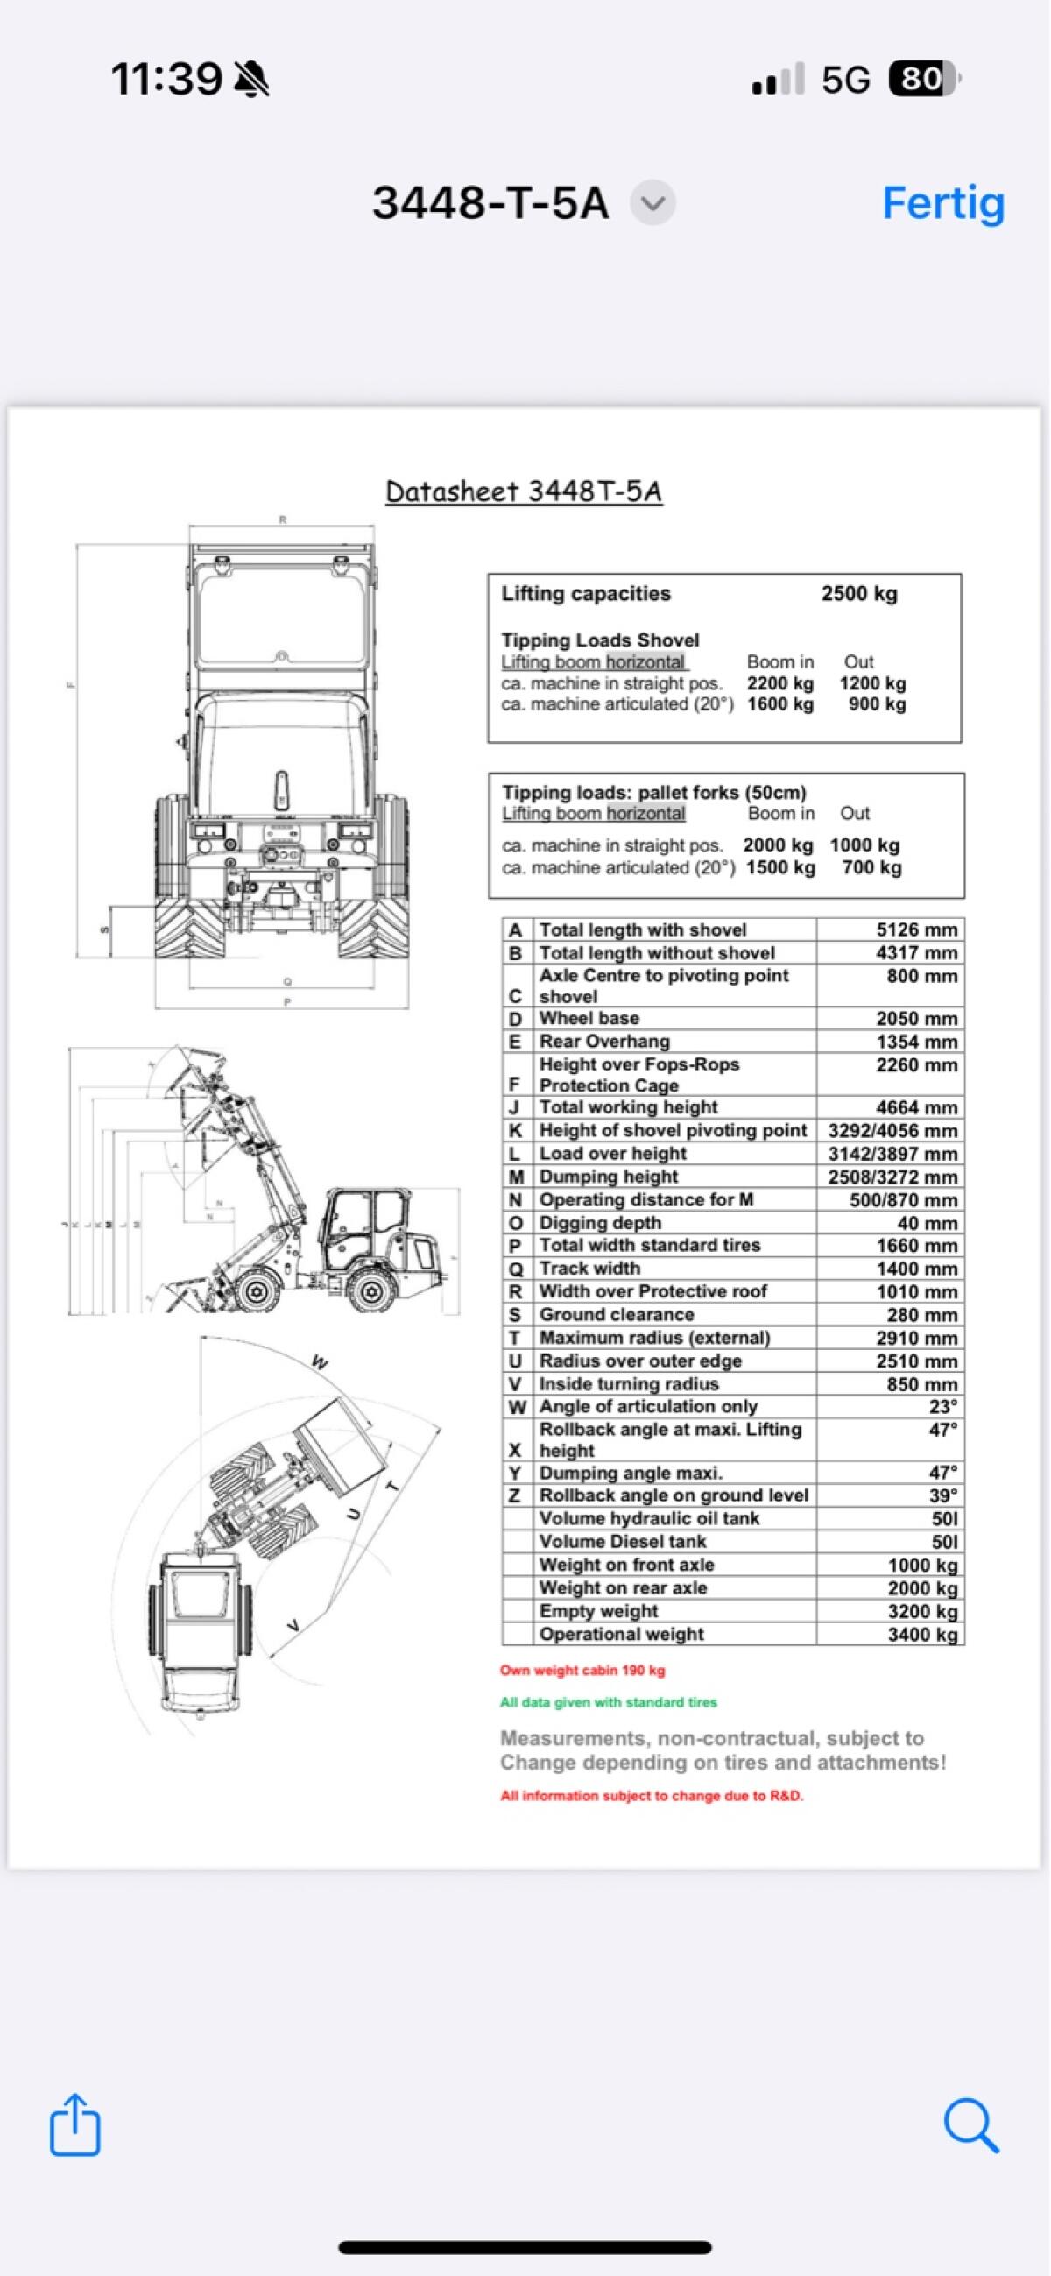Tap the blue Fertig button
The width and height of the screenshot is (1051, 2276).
942,203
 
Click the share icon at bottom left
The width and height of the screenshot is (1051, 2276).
75,2124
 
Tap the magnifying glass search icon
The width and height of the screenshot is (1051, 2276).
970,2125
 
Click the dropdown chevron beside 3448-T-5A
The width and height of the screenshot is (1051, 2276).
652,203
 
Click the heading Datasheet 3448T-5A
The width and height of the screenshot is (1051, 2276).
524,491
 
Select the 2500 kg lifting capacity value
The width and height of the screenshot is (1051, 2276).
858,594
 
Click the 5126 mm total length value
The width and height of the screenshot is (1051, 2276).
916,929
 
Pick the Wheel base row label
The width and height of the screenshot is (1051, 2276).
589,1018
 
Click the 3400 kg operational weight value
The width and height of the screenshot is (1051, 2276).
922,1635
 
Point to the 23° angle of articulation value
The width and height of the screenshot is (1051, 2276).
942,1406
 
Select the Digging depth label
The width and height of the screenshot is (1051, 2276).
600,1223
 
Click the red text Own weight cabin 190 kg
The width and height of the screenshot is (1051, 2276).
582,1670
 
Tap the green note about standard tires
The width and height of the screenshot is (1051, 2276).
608,1701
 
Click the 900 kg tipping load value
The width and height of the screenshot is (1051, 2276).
876,704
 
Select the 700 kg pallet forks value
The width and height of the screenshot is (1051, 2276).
871,867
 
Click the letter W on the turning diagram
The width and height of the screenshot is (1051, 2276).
321,1363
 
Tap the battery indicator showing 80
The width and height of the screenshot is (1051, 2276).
922,80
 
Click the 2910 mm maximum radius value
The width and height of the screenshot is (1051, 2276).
916,1338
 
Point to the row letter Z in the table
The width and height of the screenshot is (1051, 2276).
515,1495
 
